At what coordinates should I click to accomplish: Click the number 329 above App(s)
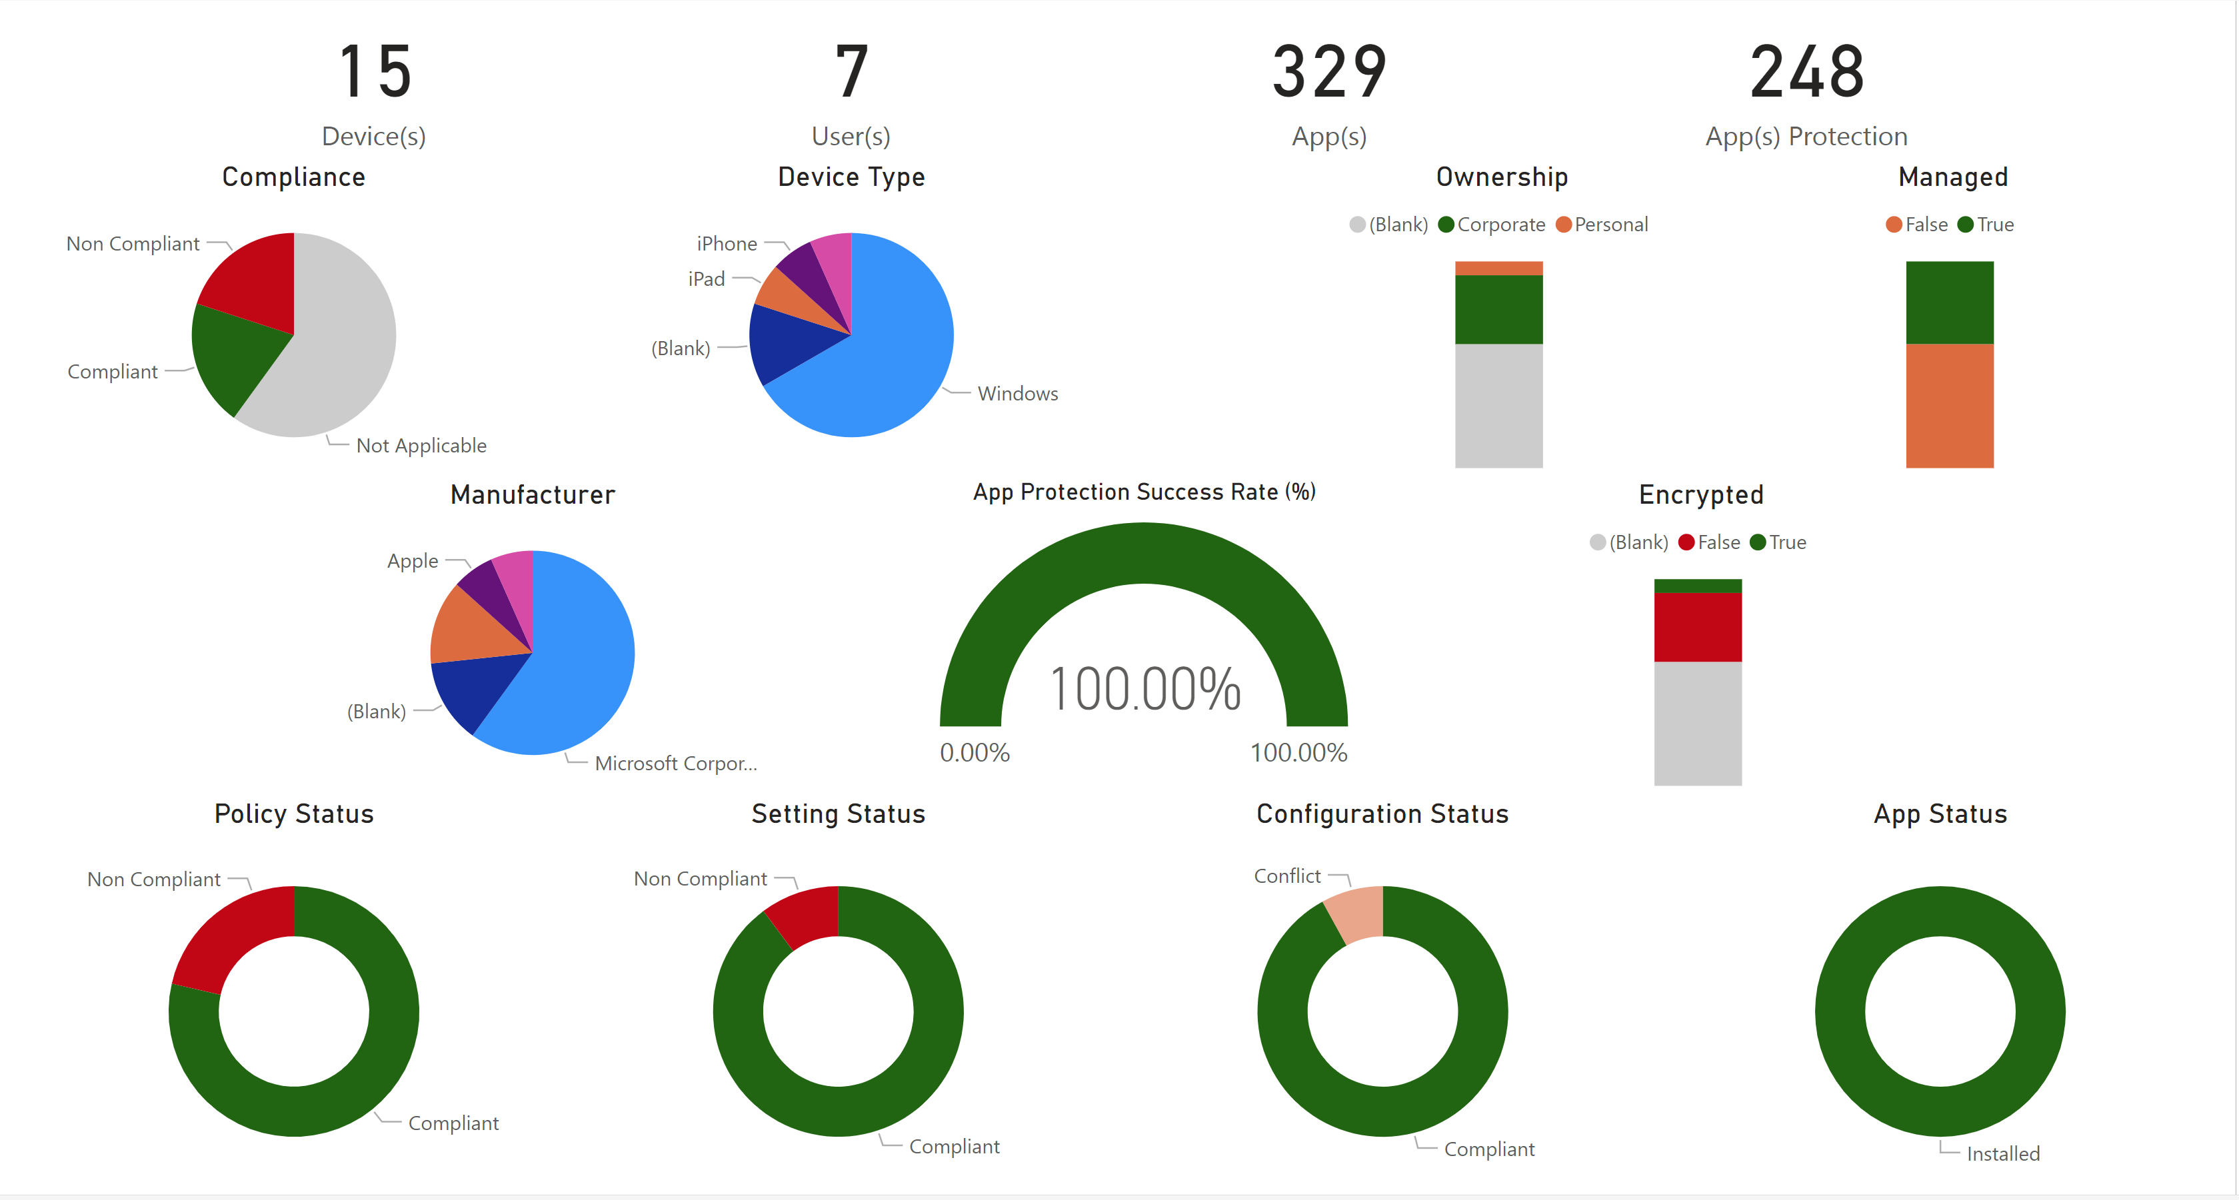point(1329,72)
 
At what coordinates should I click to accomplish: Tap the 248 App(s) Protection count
point(1806,72)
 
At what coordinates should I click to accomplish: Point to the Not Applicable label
point(421,446)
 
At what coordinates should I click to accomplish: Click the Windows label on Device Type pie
point(1017,394)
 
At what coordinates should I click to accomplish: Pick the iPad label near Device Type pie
point(706,279)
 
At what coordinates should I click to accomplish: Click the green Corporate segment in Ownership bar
point(1498,309)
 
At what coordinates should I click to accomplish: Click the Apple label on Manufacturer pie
point(412,560)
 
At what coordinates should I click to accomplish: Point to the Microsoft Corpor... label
point(675,763)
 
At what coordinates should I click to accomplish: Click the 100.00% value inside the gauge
point(1144,689)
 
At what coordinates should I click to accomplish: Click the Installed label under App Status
point(2002,1153)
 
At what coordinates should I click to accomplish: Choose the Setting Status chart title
point(838,814)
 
